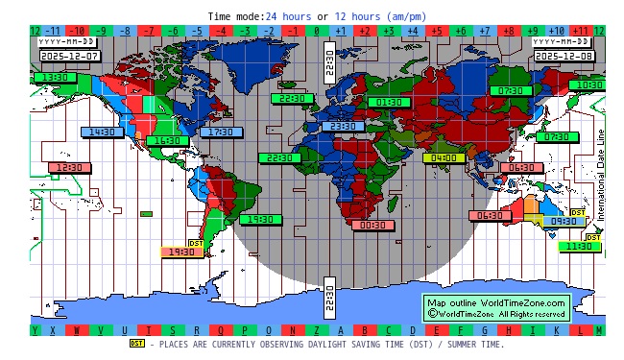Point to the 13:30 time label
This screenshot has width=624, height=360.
click(58, 77)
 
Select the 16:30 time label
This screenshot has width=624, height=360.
click(168, 140)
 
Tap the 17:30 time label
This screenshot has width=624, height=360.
click(222, 132)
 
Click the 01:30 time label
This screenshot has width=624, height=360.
click(389, 101)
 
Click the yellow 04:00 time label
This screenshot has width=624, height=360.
click(444, 157)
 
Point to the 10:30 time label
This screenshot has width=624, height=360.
click(586, 84)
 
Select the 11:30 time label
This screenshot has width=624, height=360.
click(579, 247)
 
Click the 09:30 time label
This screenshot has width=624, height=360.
click(564, 221)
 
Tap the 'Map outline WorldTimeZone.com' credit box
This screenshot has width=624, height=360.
click(497, 307)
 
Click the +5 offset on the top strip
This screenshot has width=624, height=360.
click(436, 31)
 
